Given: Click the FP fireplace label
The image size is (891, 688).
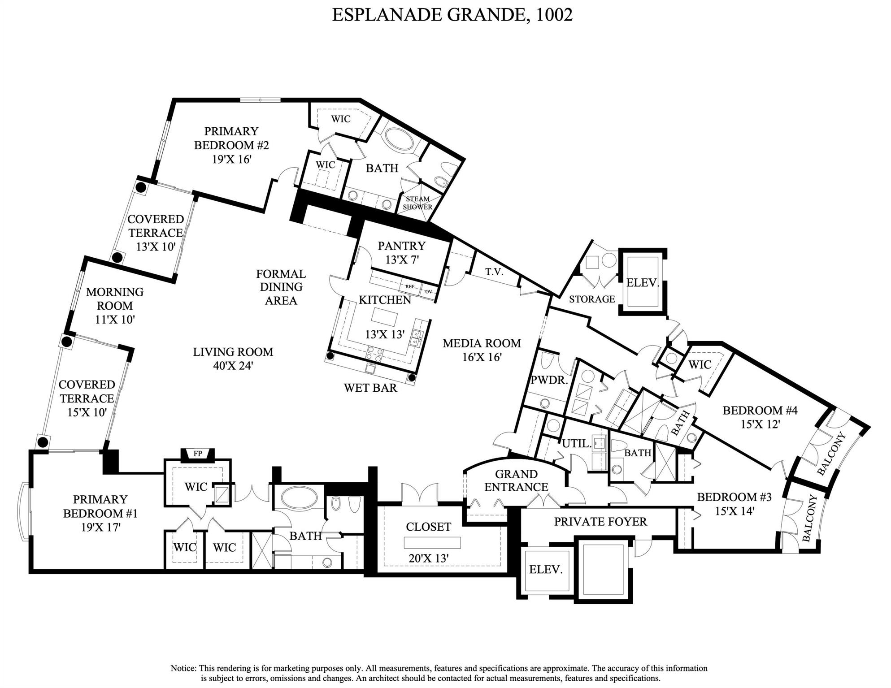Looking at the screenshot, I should tap(198, 454).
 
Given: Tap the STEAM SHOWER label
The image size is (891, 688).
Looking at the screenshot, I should tap(417, 203).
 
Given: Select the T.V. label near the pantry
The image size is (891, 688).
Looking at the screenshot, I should tap(494, 272).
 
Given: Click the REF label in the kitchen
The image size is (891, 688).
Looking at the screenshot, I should tap(409, 286).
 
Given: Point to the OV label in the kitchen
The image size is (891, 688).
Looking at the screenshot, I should tap(428, 291).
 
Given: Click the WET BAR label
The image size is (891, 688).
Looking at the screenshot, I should tap(370, 388).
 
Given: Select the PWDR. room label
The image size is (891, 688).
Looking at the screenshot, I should tap(549, 381).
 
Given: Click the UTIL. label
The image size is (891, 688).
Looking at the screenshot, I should tap(576, 444).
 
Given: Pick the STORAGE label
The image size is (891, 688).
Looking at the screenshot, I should tap(592, 299).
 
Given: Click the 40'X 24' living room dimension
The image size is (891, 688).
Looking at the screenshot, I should tap(233, 366).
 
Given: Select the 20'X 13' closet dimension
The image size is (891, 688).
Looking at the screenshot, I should tap(429, 558).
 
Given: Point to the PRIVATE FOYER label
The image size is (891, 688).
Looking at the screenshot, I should tap(600, 522).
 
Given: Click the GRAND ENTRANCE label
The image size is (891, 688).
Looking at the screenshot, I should tap(516, 480).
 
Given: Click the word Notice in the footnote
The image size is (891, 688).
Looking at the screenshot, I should tap(183, 668).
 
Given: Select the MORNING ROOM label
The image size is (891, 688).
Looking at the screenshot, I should tap(115, 299).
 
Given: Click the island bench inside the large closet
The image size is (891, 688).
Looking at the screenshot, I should tap(432, 543).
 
